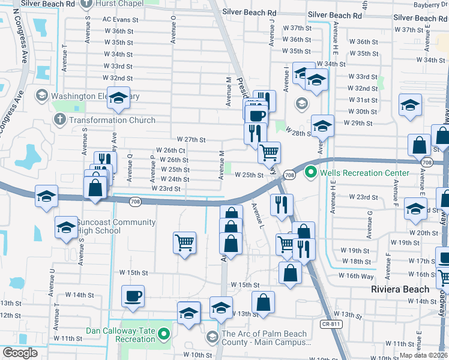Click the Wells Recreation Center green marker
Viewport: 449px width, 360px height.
pyautogui.click(x=310, y=173)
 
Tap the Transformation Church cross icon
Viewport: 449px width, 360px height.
pyautogui.click(x=59, y=119)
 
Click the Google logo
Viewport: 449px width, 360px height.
pyautogui.click(x=20, y=353)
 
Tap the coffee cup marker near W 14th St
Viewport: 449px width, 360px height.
pyautogui.click(x=133, y=296)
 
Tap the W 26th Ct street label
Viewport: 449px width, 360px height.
pyautogui.click(x=170, y=150)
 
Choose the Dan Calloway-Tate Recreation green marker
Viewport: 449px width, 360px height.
pyautogui.click(x=169, y=334)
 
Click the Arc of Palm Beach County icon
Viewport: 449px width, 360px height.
pyautogui.click(x=211, y=338)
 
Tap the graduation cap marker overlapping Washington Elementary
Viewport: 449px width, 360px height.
pyautogui.click(x=119, y=97)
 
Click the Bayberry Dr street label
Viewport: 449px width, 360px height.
pyautogui.click(x=431, y=5)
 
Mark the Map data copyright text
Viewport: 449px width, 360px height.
pyautogui.click(x=424, y=355)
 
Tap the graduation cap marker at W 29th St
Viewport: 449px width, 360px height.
pyautogui.click(x=322, y=126)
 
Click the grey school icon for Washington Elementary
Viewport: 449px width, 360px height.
pyautogui.click(x=42, y=96)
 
